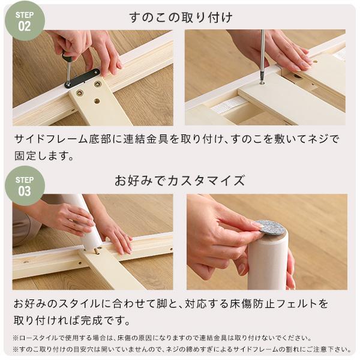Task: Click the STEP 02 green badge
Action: (x=25, y=20)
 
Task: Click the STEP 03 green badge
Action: (x=25, y=186)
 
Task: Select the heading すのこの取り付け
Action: (x=181, y=17)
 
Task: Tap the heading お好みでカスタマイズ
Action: (x=179, y=181)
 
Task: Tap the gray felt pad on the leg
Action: (x=270, y=227)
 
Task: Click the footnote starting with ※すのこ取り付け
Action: (x=180, y=349)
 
